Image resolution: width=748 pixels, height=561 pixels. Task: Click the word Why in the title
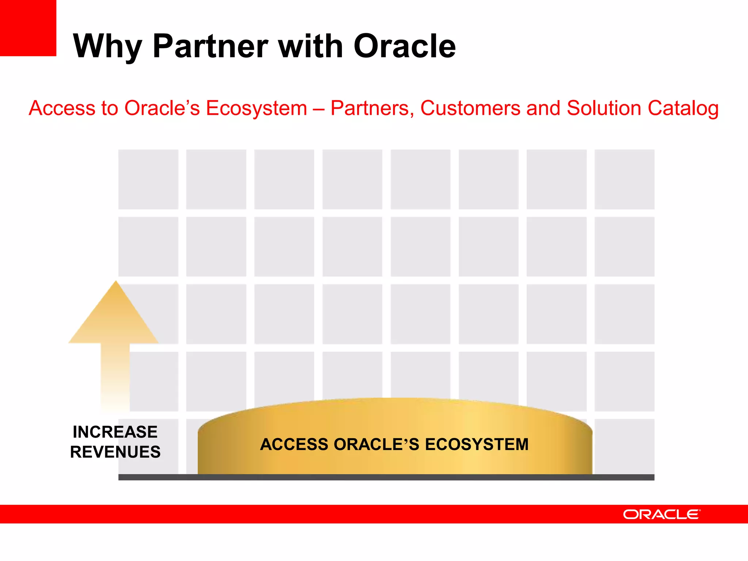(107, 47)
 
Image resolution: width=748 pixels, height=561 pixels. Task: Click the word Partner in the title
(210, 46)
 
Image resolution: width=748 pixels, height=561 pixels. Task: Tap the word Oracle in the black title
(405, 46)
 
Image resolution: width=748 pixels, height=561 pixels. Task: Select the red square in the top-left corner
(28, 28)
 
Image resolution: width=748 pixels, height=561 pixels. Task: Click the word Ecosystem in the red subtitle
(256, 108)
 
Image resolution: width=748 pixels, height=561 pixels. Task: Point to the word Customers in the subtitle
(470, 108)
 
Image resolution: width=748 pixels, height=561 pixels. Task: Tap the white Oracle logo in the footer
(661, 514)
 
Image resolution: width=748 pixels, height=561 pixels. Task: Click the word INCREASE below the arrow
(115, 432)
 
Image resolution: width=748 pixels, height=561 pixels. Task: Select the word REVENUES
(115, 452)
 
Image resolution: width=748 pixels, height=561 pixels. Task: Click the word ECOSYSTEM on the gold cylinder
(477, 444)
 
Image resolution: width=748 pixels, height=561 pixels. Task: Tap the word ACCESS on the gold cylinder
(294, 444)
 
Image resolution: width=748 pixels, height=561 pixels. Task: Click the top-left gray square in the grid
(148, 179)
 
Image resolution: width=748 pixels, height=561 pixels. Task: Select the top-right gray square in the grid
(624, 179)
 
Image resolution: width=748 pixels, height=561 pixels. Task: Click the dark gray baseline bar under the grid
(386, 477)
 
